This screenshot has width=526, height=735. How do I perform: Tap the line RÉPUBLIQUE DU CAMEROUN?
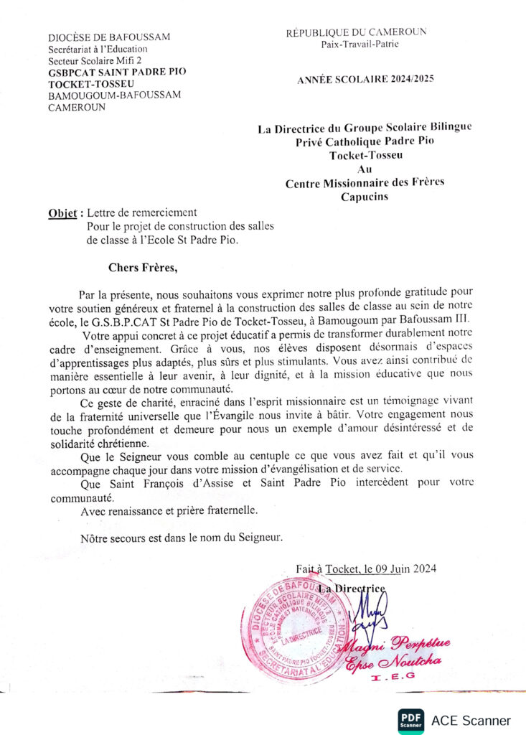(x=356, y=32)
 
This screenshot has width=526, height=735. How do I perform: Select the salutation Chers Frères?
(x=141, y=268)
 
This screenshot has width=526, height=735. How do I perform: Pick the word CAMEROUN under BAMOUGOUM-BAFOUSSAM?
(x=77, y=108)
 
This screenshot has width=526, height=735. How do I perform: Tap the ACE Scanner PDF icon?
(x=410, y=720)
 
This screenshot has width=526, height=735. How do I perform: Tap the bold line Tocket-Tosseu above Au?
(x=365, y=155)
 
